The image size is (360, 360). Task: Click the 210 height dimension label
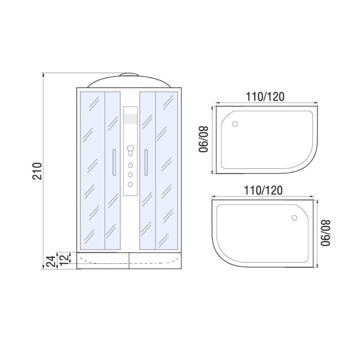coord(37,171)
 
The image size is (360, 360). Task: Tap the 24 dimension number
coord(51,261)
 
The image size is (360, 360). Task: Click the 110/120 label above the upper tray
coord(265,97)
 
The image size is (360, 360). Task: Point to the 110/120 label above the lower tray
coord(263,190)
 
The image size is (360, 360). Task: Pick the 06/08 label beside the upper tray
coord(204,139)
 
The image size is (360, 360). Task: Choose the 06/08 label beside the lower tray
coord(326,233)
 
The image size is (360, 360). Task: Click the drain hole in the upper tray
coord(235,124)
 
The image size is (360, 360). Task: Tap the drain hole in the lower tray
coord(294,218)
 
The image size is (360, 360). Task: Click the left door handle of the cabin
coord(114,162)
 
